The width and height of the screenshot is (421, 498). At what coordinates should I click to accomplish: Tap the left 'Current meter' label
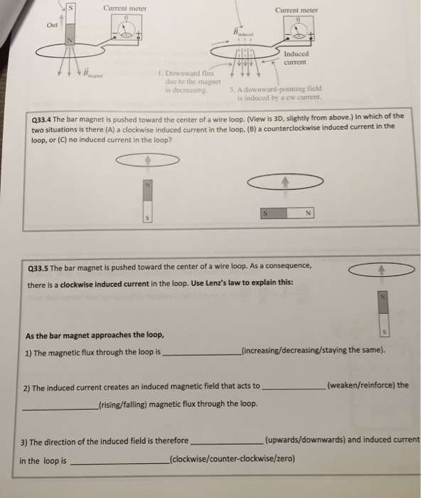click(x=124, y=8)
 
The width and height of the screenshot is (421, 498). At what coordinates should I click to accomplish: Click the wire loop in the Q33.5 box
click(x=382, y=270)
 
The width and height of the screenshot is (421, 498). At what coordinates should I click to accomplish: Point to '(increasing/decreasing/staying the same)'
click(x=314, y=350)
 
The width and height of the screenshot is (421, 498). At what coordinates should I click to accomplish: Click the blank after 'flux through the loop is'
click(x=202, y=351)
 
